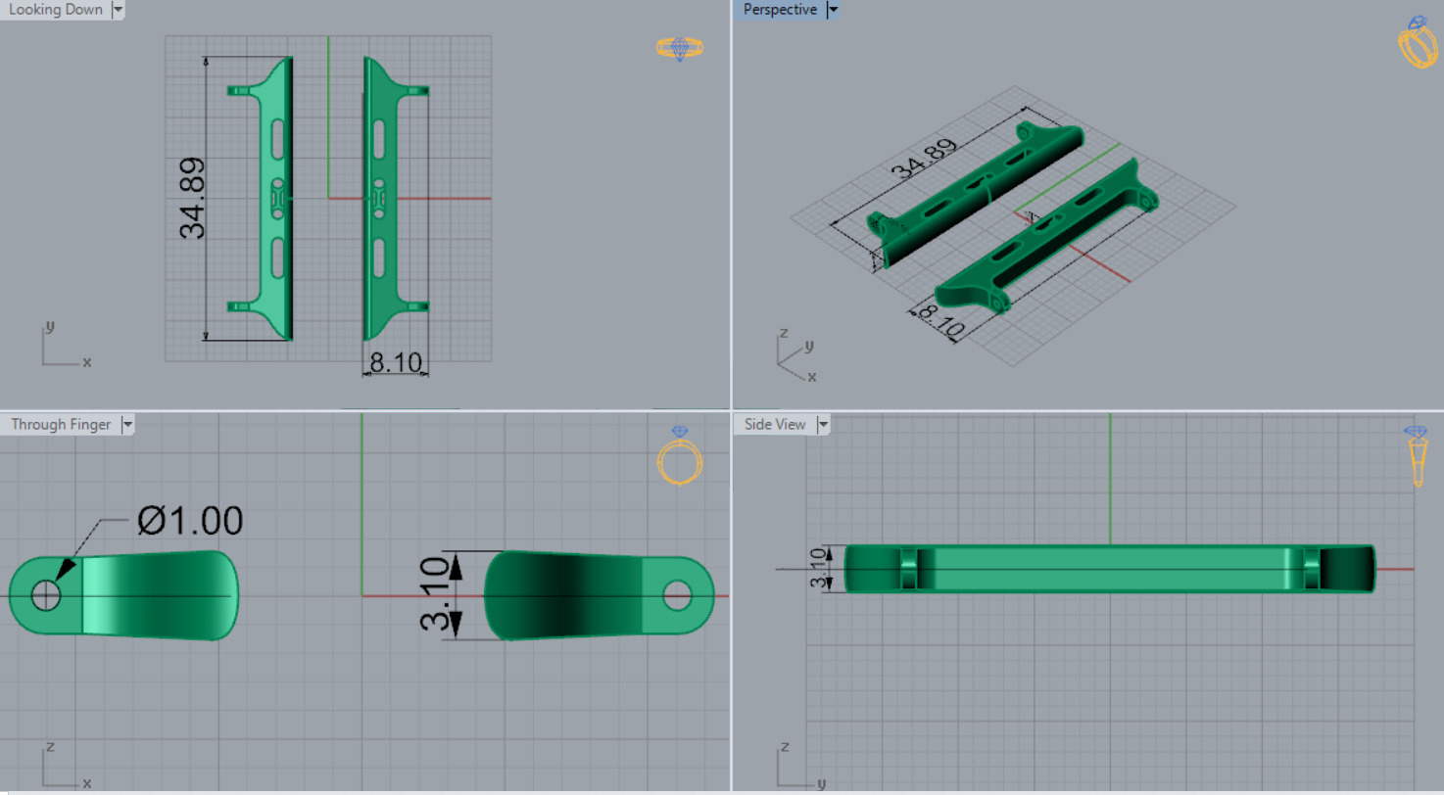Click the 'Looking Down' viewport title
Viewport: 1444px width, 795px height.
coord(55,10)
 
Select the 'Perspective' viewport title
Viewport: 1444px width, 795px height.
coord(780,10)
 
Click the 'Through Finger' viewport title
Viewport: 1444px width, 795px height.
coord(61,424)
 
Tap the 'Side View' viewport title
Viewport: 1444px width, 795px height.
coord(775,424)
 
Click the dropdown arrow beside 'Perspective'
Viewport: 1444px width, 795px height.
coord(834,10)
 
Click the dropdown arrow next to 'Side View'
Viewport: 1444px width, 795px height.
coord(823,424)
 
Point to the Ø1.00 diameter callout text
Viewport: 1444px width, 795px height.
coord(190,521)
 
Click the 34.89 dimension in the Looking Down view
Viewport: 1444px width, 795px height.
coord(193,198)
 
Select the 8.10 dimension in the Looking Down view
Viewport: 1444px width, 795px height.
coord(395,363)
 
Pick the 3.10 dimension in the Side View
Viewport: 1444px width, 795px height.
coord(817,569)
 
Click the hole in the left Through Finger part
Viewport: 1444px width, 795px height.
coord(46,594)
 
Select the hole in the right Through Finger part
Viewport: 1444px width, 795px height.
coord(677,594)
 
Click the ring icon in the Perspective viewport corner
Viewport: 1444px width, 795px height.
coord(1418,43)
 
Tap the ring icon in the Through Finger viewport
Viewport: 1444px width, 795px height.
coord(679,456)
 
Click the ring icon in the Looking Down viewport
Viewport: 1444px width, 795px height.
coord(680,48)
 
